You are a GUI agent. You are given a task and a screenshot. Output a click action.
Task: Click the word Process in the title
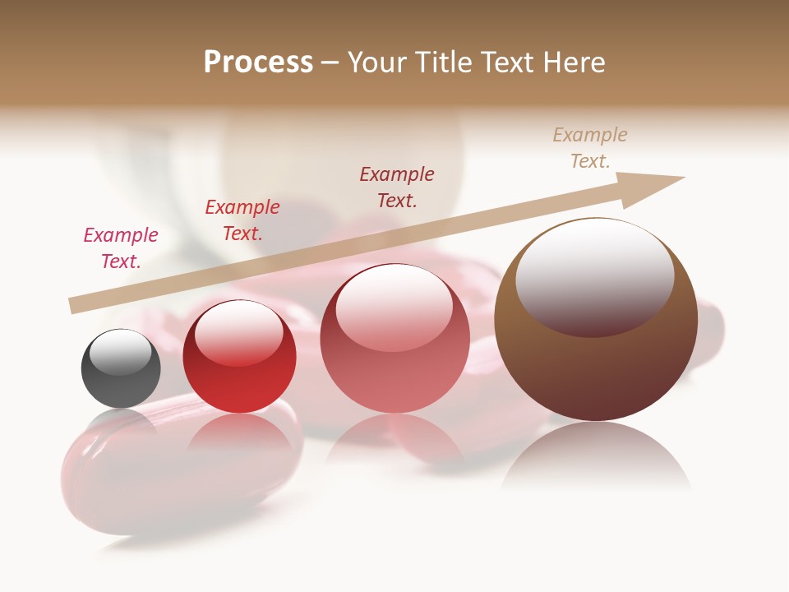[x=258, y=62]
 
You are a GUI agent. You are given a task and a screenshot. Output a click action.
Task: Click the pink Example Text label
[x=121, y=248]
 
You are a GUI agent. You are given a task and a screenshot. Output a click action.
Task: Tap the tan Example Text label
[x=590, y=148]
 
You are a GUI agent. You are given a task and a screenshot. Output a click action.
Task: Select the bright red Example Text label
[x=242, y=220]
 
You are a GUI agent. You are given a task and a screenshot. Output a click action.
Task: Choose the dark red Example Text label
[x=397, y=187]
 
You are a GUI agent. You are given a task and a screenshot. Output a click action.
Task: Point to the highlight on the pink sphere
[x=394, y=304]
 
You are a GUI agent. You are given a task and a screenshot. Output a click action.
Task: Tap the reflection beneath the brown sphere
[x=596, y=456]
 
